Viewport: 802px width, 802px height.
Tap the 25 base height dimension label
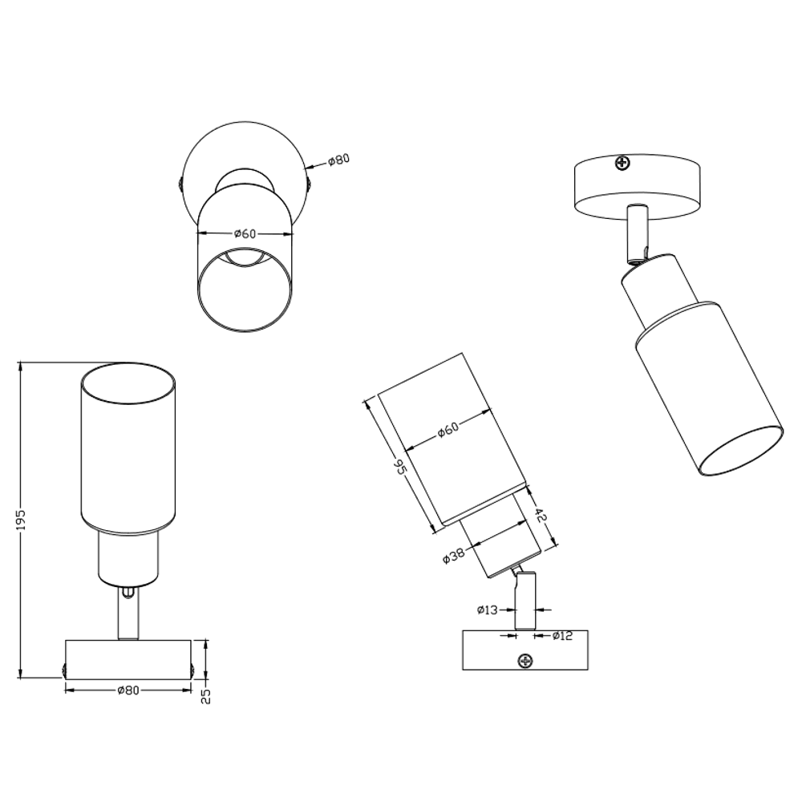[205, 695]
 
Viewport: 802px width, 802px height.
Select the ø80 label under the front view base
[128, 691]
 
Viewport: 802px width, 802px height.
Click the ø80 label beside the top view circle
[338, 160]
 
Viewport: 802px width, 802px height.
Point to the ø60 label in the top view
[245, 233]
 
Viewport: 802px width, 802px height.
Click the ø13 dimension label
[487, 610]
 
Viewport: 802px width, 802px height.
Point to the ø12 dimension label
[563, 636]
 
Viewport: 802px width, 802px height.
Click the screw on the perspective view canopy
[622, 164]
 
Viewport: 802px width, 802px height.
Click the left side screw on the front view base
[64, 670]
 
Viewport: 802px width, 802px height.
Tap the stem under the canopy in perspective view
[636, 233]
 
